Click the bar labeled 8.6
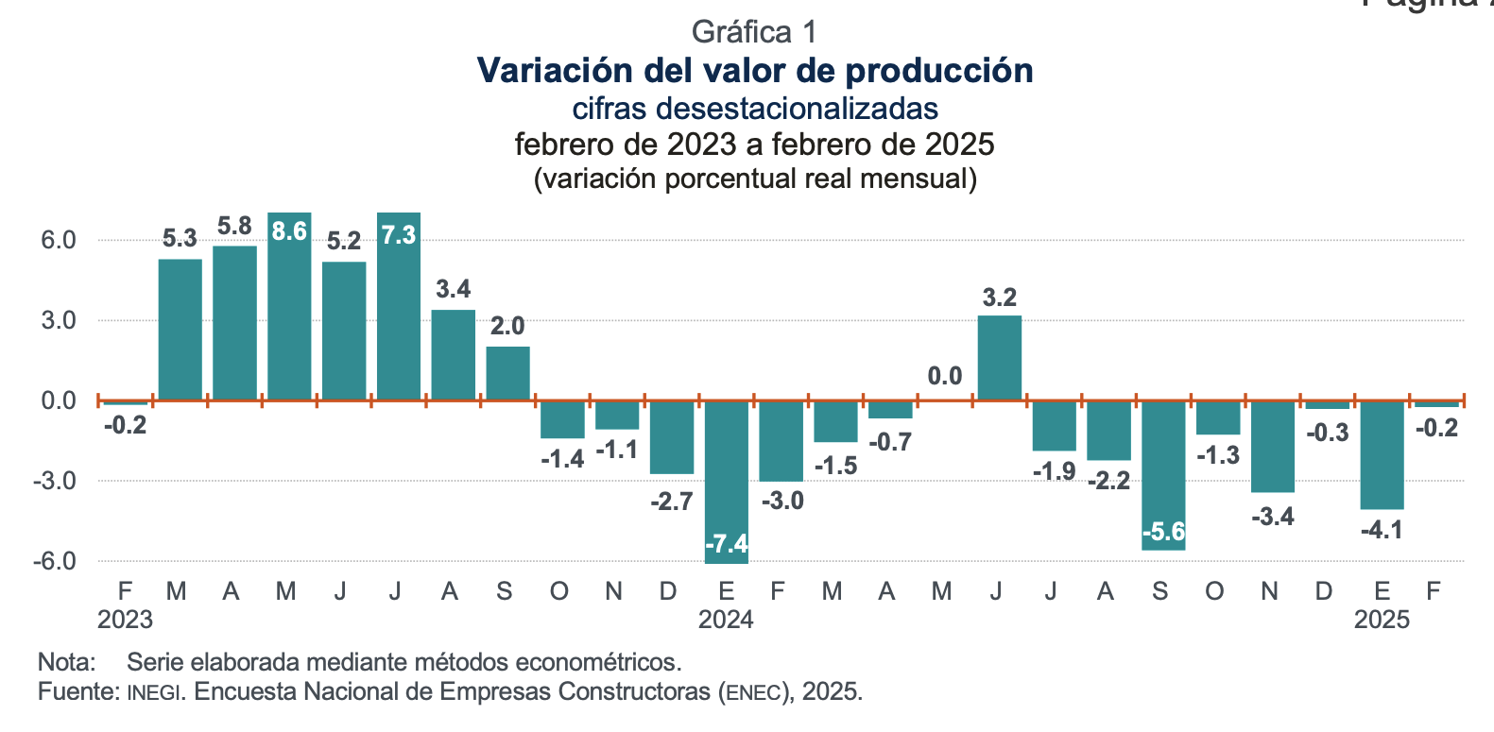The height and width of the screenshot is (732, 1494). (289, 312)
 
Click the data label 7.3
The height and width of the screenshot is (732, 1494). (398, 234)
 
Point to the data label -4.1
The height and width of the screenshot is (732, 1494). (1381, 530)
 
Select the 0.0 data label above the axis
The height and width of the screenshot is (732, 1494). (944, 377)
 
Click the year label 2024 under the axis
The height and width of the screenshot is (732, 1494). (726, 620)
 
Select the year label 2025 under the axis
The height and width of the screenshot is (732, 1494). (1381, 620)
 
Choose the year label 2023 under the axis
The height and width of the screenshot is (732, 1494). (125, 620)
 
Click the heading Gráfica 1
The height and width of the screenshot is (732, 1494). (753, 32)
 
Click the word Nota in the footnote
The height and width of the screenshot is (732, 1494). (66, 662)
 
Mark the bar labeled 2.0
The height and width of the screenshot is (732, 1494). (507, 373)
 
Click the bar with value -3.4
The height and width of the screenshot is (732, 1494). (1272, 446)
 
